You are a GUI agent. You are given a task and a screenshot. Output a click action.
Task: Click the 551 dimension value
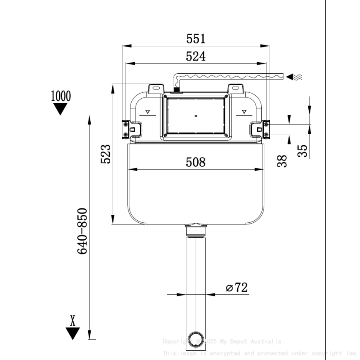(196, 39)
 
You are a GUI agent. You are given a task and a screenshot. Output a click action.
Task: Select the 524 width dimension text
(196, 56)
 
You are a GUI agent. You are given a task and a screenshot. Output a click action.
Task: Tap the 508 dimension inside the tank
(196, 162)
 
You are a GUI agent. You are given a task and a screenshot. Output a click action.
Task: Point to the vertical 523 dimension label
(105, 154)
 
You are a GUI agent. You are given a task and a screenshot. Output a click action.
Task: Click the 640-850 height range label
(82, 231)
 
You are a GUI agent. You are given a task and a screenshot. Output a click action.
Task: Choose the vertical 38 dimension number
(282, 161)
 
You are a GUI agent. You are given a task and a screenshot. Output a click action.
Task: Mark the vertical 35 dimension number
(302, 151)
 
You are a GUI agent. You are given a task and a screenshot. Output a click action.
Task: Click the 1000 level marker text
(61, 96)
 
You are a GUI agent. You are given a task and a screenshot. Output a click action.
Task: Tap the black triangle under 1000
(61, 109)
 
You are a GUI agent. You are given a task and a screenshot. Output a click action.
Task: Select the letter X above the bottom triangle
(73, 321)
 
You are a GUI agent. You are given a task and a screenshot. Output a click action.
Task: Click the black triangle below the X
(73, 333)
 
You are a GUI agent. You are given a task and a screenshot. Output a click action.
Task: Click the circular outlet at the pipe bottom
(196, 339)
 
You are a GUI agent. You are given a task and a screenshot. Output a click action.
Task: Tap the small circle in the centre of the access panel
(196, 115)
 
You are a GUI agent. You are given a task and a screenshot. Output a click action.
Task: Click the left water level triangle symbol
(147, 112)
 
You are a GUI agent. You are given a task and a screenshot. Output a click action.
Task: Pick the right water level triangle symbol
(244, 112)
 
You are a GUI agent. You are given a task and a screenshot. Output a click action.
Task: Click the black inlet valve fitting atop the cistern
(177, 90)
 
